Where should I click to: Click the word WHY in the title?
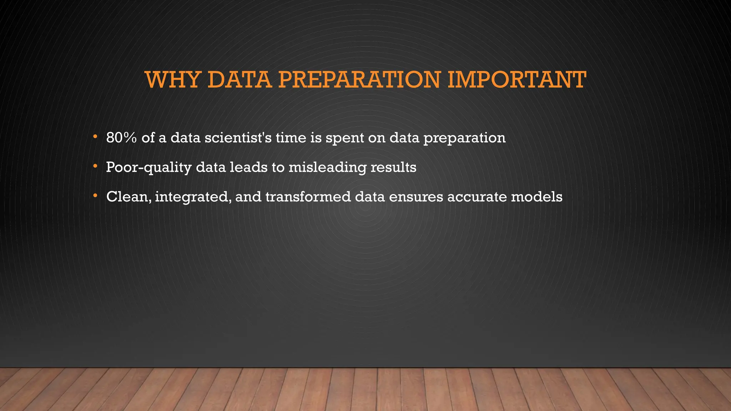pos(172,80)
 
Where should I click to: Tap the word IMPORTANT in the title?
pos(516,80)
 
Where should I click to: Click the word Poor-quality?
pos(148,167)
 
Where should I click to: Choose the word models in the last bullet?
pos(536,197)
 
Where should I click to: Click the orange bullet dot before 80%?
pos(95,137)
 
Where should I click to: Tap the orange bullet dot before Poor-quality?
pos(95,166)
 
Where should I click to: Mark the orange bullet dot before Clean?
pos(95,196)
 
